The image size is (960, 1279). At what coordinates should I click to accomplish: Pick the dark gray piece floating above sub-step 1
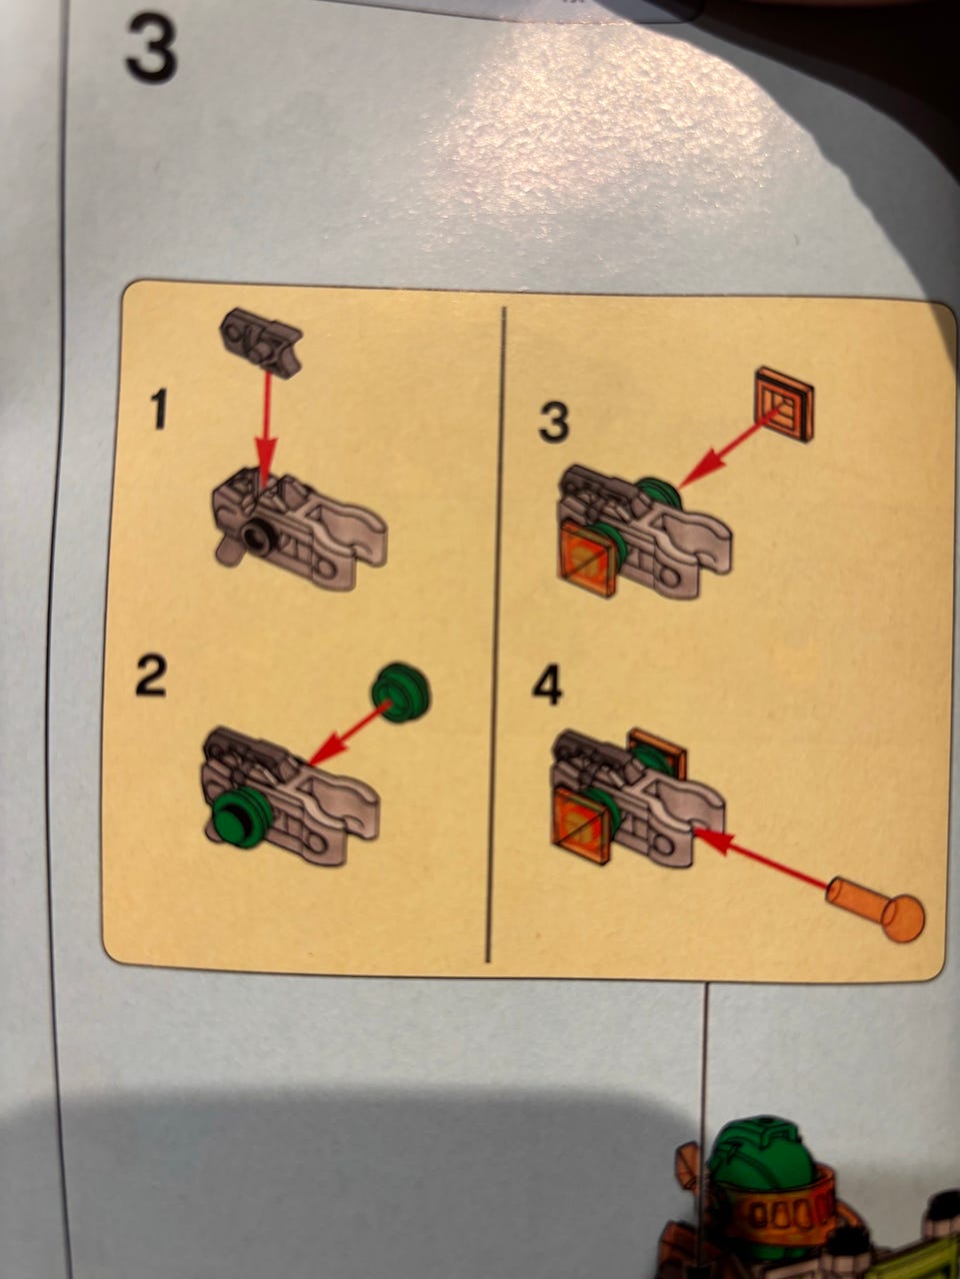261,343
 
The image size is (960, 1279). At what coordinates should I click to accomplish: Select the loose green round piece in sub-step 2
400,692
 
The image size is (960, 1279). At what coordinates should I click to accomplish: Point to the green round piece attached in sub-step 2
238,816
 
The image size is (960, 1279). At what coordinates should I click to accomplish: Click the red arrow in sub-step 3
730,446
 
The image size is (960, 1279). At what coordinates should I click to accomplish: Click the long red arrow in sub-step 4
762,861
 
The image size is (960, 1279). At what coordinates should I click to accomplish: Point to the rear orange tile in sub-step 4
659,751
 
